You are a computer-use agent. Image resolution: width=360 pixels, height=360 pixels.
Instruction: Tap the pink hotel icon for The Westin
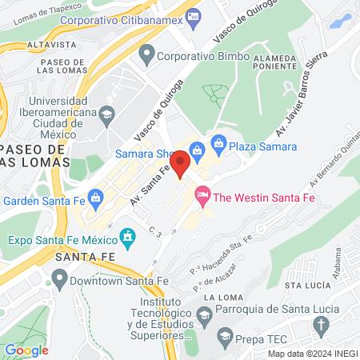[202, 194]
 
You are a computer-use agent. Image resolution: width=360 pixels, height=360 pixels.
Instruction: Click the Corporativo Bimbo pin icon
[146, 56]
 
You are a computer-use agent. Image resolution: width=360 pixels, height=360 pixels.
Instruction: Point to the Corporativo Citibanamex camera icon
[192, 16]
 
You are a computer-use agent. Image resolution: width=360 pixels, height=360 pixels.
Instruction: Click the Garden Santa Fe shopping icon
[96, 196]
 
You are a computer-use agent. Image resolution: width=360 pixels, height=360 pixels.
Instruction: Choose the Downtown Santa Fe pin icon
[58, 280]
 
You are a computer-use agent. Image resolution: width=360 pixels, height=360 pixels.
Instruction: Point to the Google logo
[26, 349]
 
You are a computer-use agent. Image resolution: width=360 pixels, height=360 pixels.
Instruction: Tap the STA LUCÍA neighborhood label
[304, 284]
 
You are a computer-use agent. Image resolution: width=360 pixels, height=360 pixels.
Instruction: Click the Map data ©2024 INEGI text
[311, 354]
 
